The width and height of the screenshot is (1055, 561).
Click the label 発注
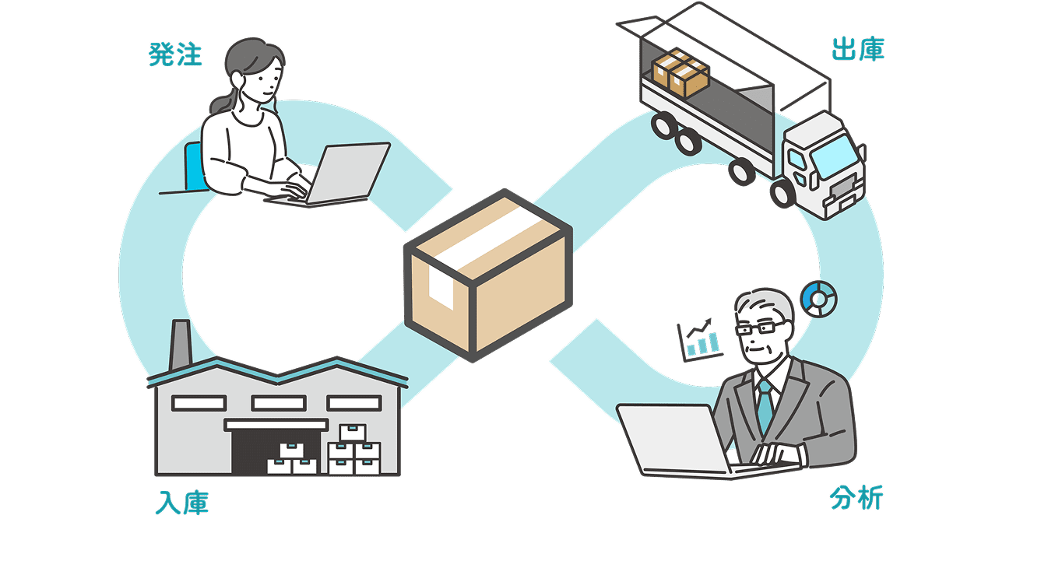tap(175, 54)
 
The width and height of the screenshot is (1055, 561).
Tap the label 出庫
tap(858, 49)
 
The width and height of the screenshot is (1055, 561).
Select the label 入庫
tap(181, 503)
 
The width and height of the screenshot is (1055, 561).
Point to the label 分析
tap(856, 498)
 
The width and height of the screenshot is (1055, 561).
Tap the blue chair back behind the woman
tap(194, 167)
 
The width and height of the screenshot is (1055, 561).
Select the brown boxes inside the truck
tap(680, 72)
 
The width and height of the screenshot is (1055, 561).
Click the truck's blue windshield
tap(835, 156)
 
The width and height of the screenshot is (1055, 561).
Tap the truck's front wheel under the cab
tap(782, 193)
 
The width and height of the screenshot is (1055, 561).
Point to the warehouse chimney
tap(181, 345)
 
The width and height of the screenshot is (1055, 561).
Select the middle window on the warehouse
tap(279, 403)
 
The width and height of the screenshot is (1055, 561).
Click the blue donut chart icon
tap(819, 299)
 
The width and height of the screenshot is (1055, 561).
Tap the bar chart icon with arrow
tap(700, 340)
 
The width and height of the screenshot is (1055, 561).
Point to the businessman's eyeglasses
tap(761, 328)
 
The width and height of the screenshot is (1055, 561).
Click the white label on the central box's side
tap(441, 288)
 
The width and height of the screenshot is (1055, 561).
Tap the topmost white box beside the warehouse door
tap(353, 433)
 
